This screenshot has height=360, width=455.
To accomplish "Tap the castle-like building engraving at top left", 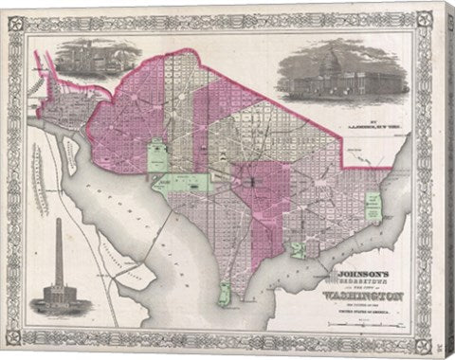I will [x=85, y=63].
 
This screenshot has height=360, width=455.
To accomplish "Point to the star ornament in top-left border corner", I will [x=16, y=15].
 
